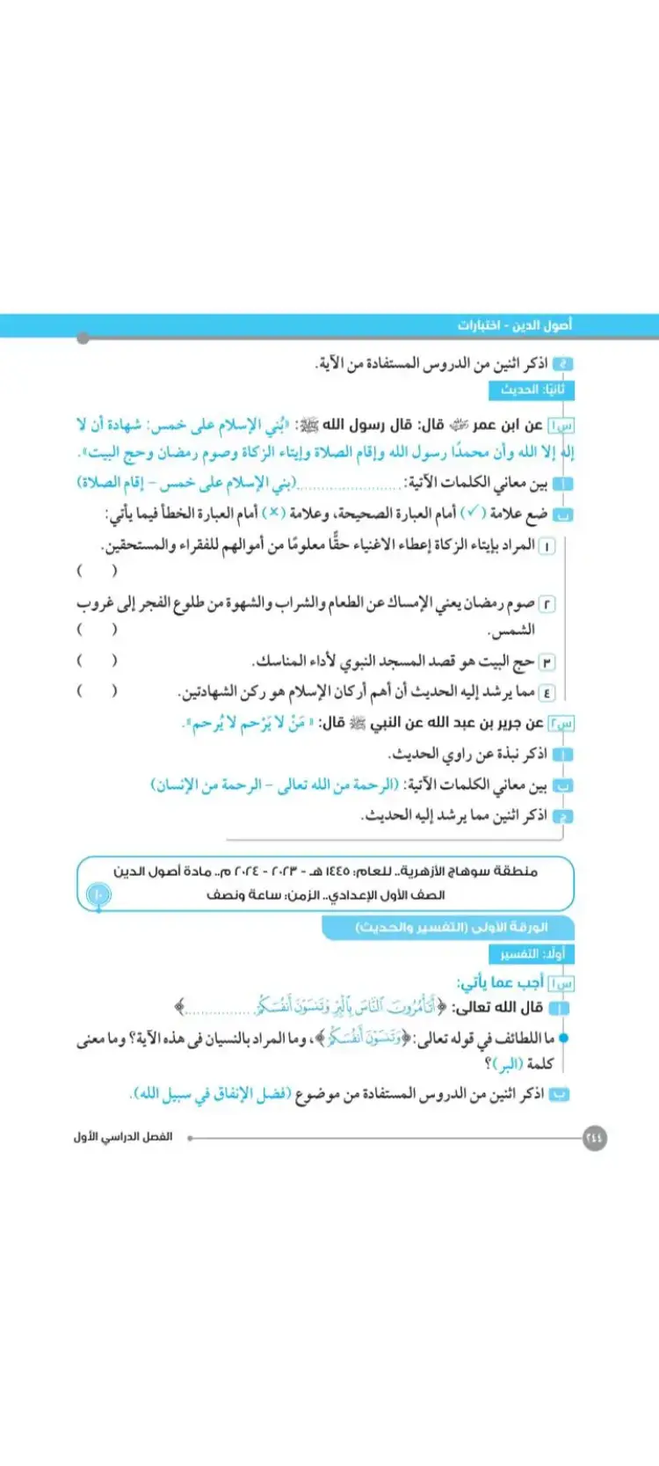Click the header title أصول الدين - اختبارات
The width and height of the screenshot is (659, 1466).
pyautogui.click(x=514, y=325)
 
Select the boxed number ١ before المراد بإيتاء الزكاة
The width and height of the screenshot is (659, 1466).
pyautogui.click(x=547, y=546)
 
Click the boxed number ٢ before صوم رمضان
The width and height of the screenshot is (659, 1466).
pyautogui.click(x=547, y=603)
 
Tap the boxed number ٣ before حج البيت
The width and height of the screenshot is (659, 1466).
pyautogui.click(x=547, y=661)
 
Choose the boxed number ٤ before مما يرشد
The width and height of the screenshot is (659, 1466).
pyautogui.click(x=547, y=692)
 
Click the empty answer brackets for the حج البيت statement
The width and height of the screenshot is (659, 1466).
pyautogui.click(x=97, y=660)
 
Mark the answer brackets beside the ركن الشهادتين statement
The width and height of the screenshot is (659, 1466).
pyautogui.click(x=97, y=691)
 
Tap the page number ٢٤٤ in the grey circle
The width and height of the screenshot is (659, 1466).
pyautogui.click(x=594, y=1137)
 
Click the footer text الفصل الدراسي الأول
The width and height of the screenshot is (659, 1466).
pyautogui.click(x=123, y=1137)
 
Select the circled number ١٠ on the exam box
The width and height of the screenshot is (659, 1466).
pyautogui.click(x=98, y=895)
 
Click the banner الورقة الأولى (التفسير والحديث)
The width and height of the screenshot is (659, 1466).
pyautogui.click(x=451, y=927)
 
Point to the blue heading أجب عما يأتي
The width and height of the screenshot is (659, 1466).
pyautogui.click(x=501, y=981)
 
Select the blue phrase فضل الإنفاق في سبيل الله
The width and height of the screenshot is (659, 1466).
pyautogui.click(x=210, y=1094)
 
